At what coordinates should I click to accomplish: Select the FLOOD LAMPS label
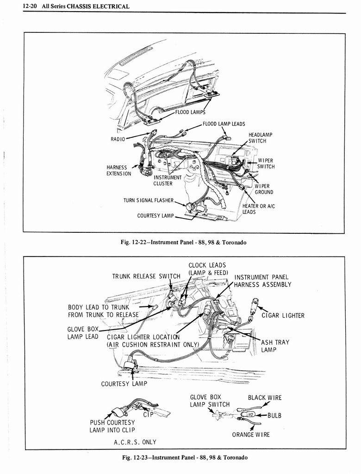point(190,112)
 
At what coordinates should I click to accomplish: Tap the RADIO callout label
point(118,139)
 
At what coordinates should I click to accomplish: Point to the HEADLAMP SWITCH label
point(260,137)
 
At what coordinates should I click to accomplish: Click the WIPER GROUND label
point(264,189)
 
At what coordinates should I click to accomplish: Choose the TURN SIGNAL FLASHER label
point(148,200)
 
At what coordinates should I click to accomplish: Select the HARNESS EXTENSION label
point(119,171)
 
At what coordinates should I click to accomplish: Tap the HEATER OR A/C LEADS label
point(258,209)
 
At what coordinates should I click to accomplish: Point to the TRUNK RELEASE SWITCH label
point(146,277)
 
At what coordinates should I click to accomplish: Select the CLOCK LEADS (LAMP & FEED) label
point(207,269)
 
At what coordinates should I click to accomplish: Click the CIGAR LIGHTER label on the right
point(283,316)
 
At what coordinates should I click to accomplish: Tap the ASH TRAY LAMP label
point(275,346)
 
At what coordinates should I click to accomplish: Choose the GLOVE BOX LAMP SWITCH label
point(209,401)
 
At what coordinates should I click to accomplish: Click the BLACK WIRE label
point(264,398)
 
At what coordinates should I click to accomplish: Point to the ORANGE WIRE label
point(251,435)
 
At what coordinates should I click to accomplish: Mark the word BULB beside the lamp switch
point(274,415)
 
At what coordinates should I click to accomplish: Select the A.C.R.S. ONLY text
point(135,442)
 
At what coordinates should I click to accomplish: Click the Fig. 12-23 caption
point(183,457)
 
